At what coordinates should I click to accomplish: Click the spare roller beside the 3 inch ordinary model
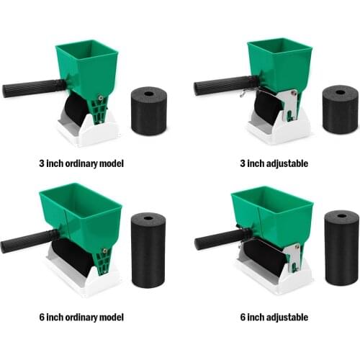[x=149, y=111]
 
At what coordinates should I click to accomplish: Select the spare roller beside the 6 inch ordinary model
[x=148, y=248]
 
